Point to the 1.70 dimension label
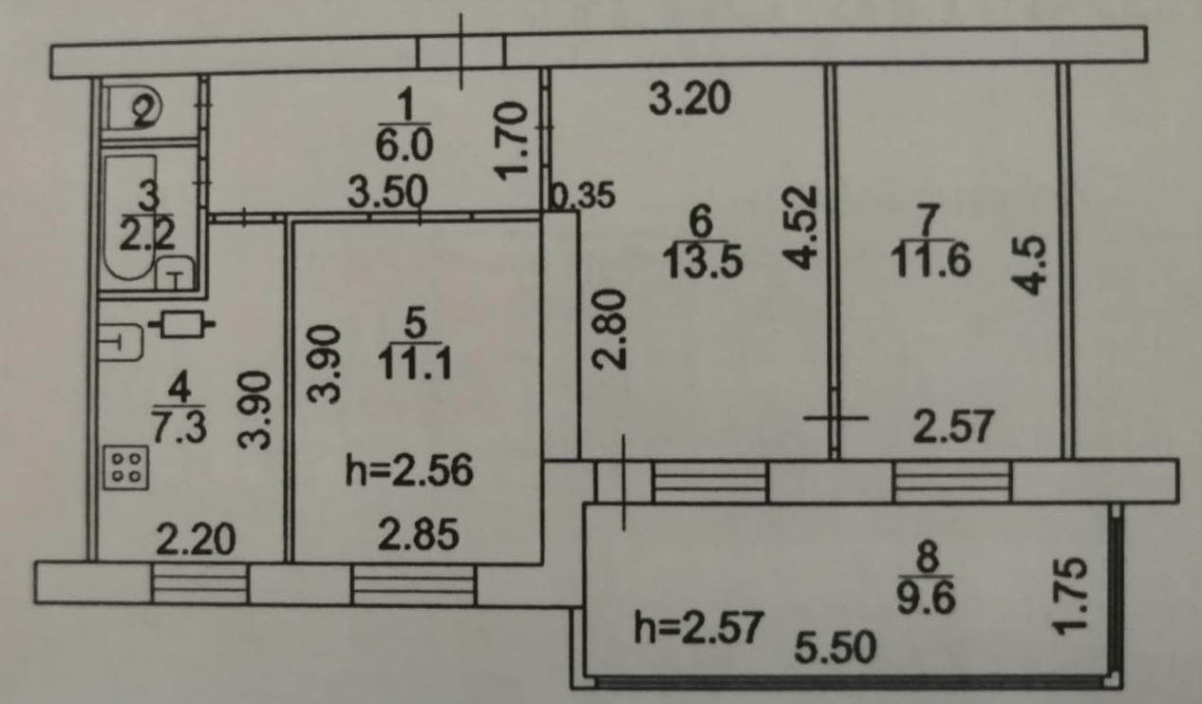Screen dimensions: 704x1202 pos(510,143)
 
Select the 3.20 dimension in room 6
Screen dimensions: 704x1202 pos(690,97)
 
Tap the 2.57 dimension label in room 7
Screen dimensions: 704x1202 pos(953,427)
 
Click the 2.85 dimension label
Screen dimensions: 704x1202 pos(414,535)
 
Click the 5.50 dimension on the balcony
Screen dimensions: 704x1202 pos(836,649)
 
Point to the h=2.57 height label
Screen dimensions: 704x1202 pos(699,628)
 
